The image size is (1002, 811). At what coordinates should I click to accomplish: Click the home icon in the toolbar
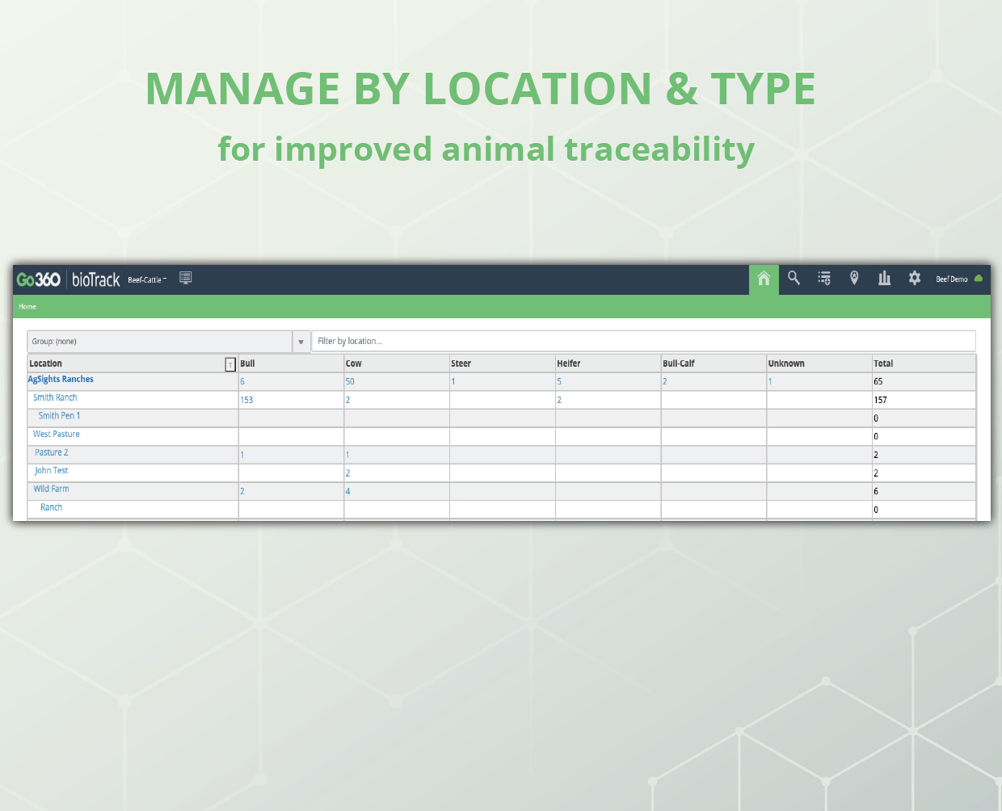coord(764,279)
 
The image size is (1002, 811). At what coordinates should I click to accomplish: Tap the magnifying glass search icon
coord(794,278)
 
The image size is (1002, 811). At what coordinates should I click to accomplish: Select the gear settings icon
coord(914,278)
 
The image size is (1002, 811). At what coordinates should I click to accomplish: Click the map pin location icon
coord(854,278)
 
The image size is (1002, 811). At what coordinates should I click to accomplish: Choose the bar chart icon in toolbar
coord(884,278)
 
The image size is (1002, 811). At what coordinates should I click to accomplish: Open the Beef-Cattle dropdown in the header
coord(147,279)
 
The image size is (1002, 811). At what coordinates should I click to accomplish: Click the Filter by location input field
coord(643,341)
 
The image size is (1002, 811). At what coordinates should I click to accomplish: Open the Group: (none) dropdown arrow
coord(301,342)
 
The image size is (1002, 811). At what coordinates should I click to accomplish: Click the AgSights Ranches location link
coord(61,379)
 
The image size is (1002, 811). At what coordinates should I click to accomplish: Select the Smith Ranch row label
coord(55,397)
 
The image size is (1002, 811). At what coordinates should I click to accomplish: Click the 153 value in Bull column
coord(246,400)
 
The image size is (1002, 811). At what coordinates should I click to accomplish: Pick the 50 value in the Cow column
coord(350,381)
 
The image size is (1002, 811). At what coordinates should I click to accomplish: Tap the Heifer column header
coord(568,363)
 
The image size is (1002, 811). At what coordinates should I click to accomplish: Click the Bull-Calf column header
coord(678,363)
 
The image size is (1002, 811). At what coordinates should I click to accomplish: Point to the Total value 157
coord(880,400)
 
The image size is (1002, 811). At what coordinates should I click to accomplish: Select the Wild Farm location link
coord(51,489)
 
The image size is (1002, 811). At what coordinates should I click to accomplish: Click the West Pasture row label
coord(56,434)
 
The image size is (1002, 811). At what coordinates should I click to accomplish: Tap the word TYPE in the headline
coord(763,89)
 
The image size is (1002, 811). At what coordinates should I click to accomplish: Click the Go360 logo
coord(38,279)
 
